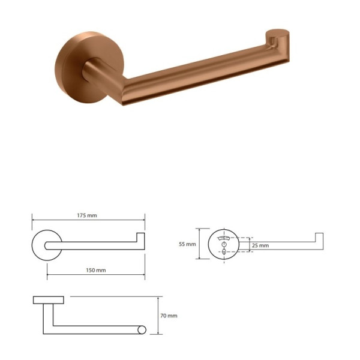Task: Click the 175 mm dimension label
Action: click(87, 215)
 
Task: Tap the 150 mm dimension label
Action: click(96, 270)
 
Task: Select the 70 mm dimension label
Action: click(169, 316)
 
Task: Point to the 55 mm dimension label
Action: click(187, 244)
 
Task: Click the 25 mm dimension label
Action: click(260, 245)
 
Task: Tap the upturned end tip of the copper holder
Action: click(277, 33)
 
